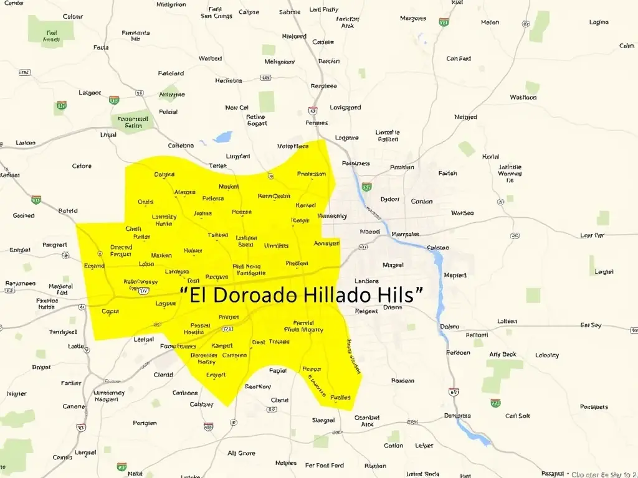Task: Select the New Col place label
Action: [237, 108]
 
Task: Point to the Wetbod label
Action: [210, 59]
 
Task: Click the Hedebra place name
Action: [228, 80]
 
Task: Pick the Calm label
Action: [627, 45]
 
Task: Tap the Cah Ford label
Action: [459, 59]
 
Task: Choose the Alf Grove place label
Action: [241, 453]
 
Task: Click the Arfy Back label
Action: [503, 354]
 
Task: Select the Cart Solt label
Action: [518, 416]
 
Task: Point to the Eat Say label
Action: [591, 325]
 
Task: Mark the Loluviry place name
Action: [547, 355]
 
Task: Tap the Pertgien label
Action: [145, 423]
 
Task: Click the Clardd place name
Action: [163, 375]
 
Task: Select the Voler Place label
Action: [293, 147]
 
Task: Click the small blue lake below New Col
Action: [222, 136]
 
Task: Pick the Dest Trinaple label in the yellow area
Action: [270, 342]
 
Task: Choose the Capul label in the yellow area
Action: [110, 311]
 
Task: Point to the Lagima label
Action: [599, 22]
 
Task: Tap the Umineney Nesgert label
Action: [109, 396]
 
